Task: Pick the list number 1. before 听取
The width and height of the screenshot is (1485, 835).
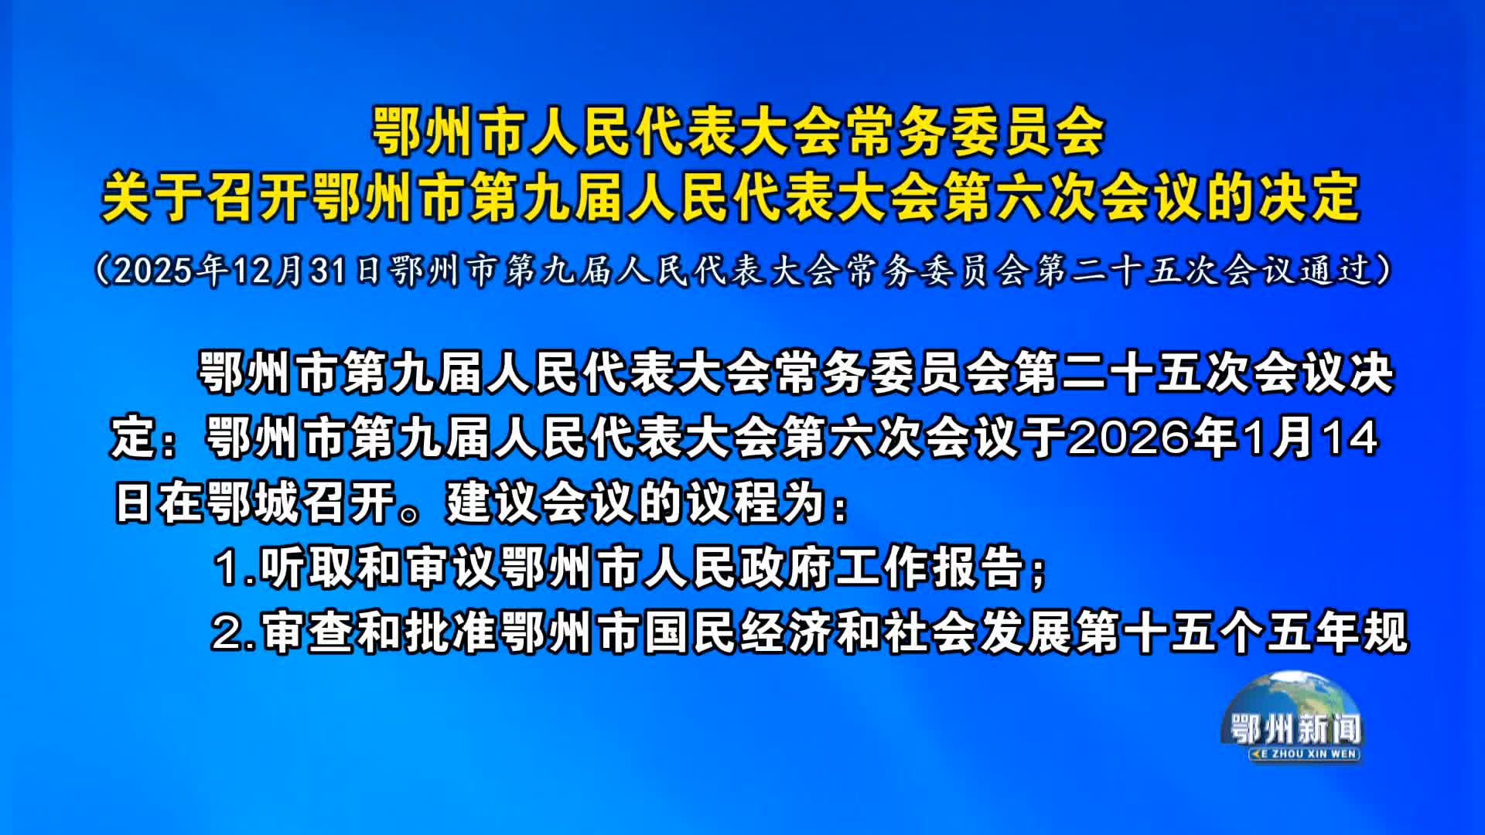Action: click(x=235, y=568)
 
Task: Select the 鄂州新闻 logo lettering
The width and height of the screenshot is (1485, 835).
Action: click(x=1296, y=729)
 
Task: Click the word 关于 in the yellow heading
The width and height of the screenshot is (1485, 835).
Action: click(x=152, y=198)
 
